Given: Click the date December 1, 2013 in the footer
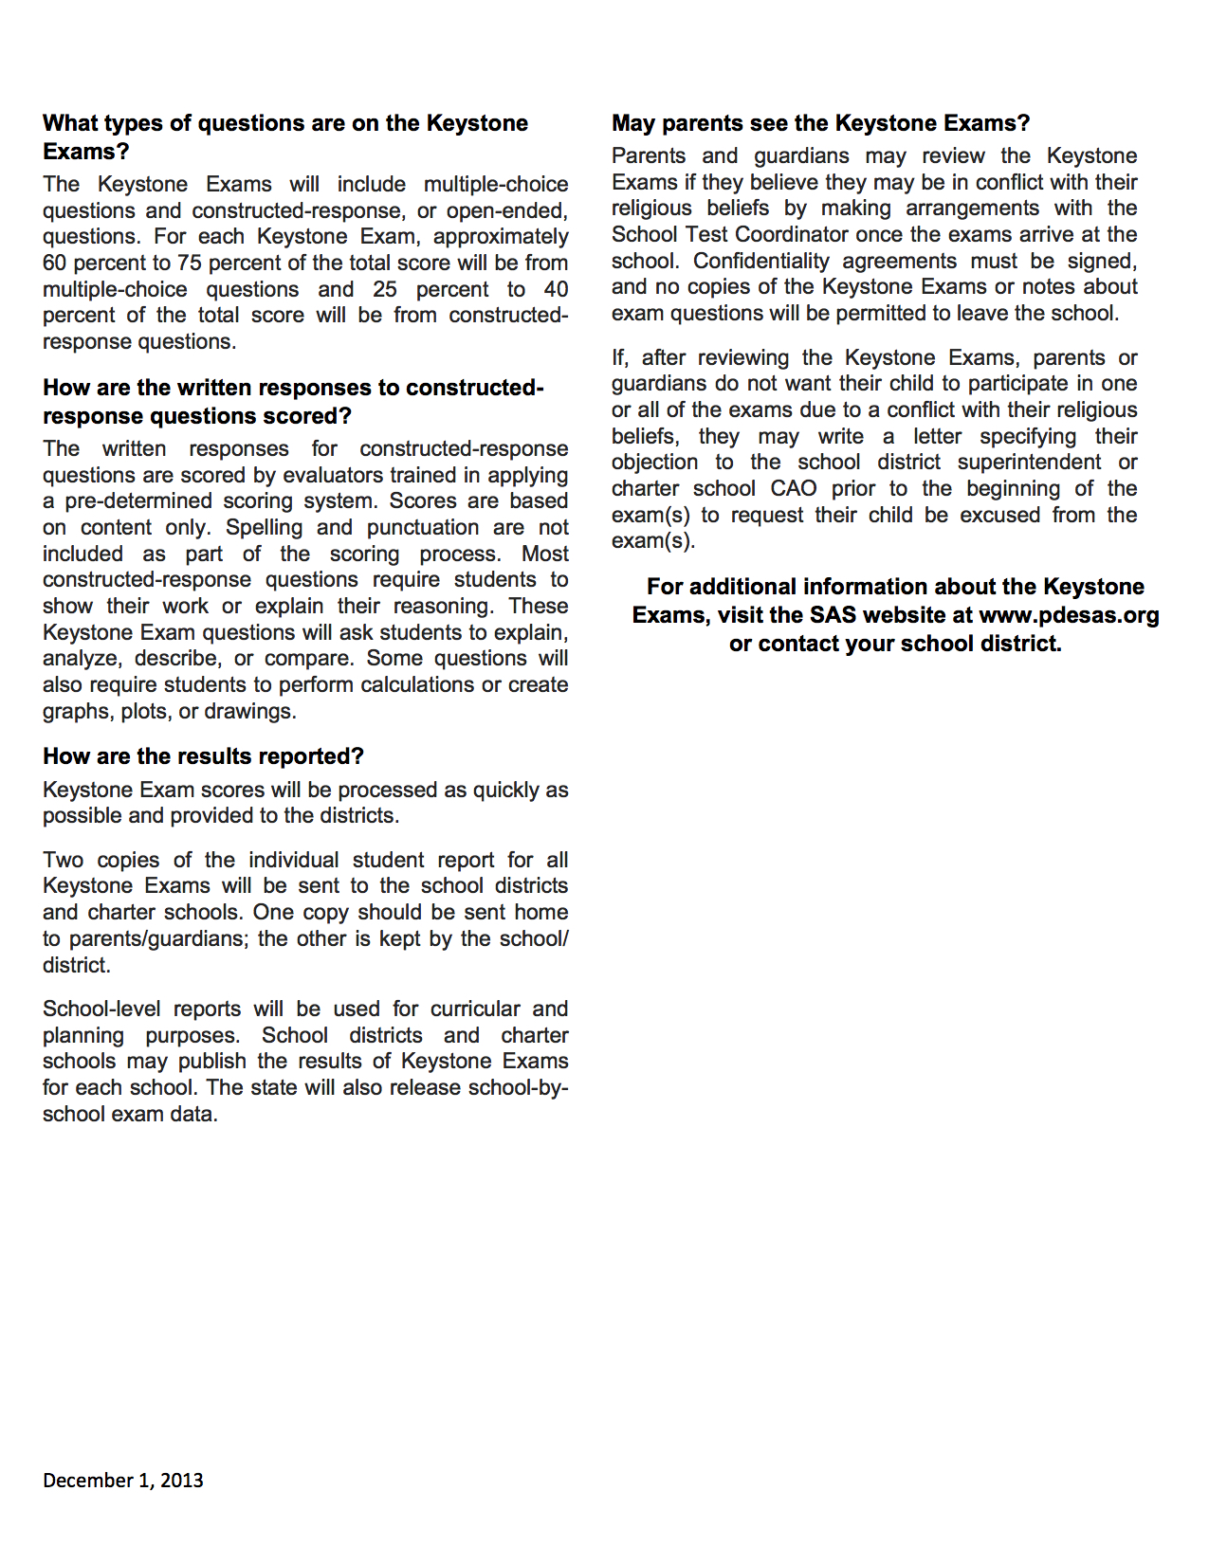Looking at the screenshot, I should pyautogui.click(x=122, y=1481).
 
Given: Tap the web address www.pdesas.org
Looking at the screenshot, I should pyautogui.click(x=1069, y=615).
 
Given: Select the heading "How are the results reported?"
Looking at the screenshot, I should pyautogui.click(x=203, y=756).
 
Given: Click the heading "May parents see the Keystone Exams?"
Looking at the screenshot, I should pyautogui.click(x=820, y=123).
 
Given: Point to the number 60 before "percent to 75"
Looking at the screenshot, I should pyautogui.click(x=54, y=264).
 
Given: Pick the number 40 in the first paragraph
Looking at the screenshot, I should pyautogui.click(x=556, y=290).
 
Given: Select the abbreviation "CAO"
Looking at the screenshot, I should pyautogui.click(x=793, y=489).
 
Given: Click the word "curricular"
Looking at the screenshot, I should pyautogui.click(x=475, y=1009).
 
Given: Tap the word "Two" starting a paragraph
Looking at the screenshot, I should pyautogui.click(x=63, y=861).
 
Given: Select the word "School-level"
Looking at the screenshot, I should pyautogui.click(x=101, y=1009).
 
